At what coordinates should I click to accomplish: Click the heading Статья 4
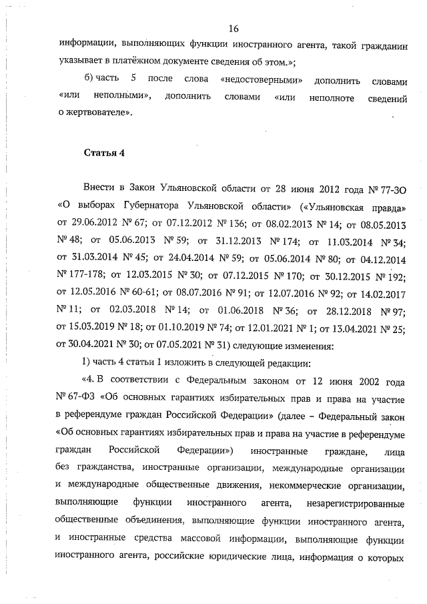pyautogui.click(x=105, y=153)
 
